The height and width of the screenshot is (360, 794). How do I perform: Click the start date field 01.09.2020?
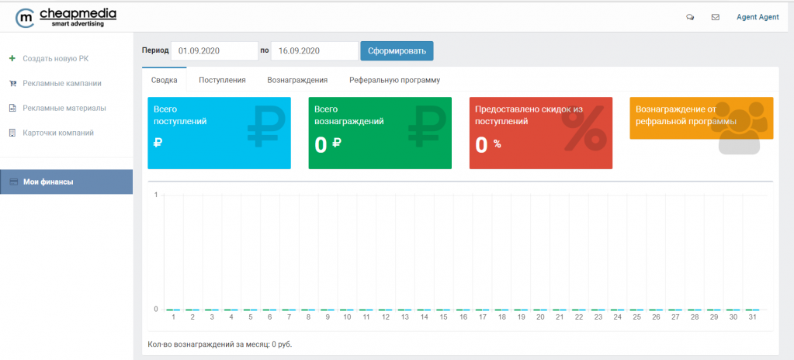[x=214, y=51]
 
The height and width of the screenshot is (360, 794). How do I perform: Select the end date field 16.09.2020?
[x=314, y=51]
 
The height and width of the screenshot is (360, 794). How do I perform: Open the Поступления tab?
[x=222, y=80]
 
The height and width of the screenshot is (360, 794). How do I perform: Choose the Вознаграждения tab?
[x=297, y=80]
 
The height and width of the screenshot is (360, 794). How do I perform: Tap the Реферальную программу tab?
[x=394, y=80]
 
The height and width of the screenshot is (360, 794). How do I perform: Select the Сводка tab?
[x=164, y=80]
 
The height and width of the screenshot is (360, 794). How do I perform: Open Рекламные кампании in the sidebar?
[x=62, y=83]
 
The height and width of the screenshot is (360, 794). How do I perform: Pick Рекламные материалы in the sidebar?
[x=64, y=108]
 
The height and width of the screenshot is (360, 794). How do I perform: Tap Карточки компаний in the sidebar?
[x=58, y=133]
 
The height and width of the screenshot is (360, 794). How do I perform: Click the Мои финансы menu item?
[x=48, y=182]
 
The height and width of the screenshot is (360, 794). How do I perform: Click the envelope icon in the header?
[x=715, y=17]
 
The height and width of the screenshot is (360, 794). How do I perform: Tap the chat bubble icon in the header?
[x=690, y=17]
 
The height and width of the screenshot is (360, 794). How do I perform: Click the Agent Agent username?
[x=758, y=17]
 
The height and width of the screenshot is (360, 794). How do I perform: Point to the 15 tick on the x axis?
[x=443, y=317]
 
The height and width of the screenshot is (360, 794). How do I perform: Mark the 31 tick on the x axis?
[x=752, y=317]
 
